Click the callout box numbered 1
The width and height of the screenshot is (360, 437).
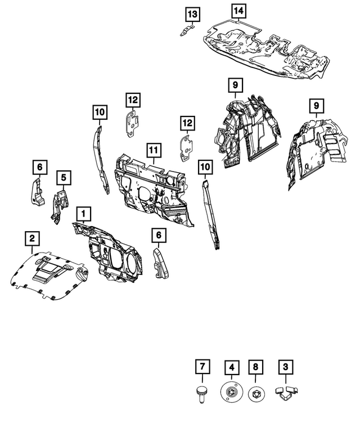click(83, 214)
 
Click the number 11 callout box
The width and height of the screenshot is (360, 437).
click(153, 151)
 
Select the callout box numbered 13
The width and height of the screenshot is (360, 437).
click(192, 13)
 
